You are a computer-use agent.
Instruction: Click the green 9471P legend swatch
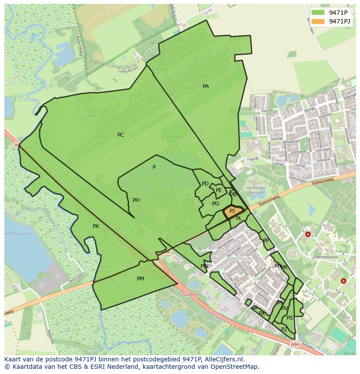tap(318, 13)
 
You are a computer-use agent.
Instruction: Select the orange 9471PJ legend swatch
tap(318, 21)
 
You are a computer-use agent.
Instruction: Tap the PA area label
tap(206, 86)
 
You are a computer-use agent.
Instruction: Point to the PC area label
tap(120, 135)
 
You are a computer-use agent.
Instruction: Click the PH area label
tap(136, 200)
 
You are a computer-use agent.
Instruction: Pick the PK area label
tap(96, 226)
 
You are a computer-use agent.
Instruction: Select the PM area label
tap(140, 279)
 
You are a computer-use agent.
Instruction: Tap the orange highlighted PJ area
tap(233, 212)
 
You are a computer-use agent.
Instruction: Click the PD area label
tap(205, 184)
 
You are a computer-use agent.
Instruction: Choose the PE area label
tap(219, 190)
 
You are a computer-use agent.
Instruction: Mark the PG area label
tap(216, 204)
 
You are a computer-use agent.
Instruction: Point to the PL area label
tap(239, 219)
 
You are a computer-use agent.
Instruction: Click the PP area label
tap(266, 240)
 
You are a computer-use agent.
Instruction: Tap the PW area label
tap(204, 266)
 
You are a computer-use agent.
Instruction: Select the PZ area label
tap(284, 330)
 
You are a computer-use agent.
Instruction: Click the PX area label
tap(262, 314)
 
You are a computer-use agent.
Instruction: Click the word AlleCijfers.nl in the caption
tap(223, 360)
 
